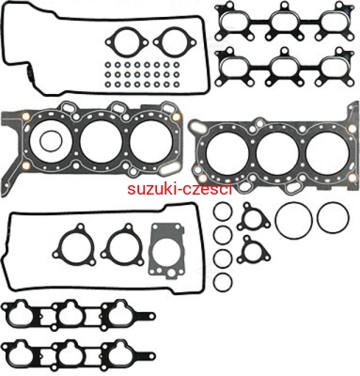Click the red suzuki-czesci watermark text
click(x=180, y=189)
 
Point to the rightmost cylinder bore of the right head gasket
click(x=327, y=153)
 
